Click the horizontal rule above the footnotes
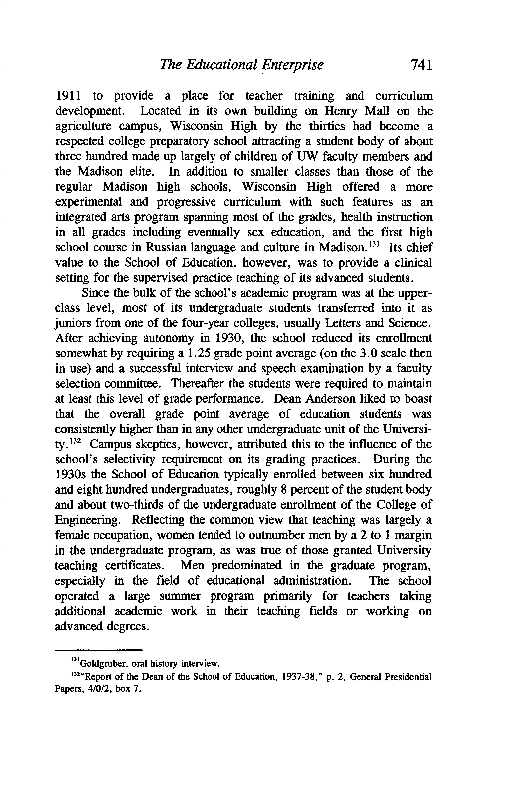98,650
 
